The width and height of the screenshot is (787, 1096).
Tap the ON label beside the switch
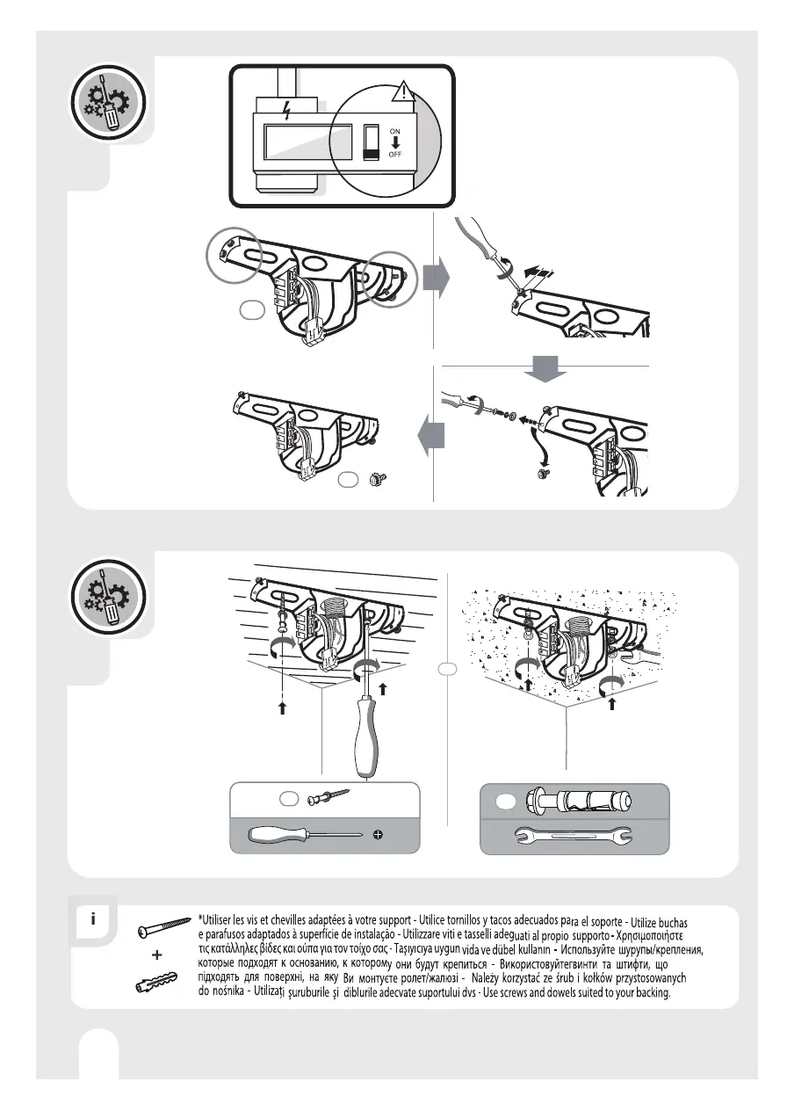[x=395, y=131]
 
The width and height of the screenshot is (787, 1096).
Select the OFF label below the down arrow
[x=396, y=165]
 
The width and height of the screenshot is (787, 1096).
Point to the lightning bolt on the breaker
[x=285, y=112]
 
